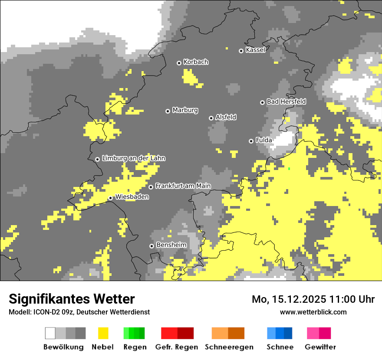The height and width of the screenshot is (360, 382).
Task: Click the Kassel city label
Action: [255, 50]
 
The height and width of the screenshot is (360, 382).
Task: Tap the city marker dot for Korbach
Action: [179, 63]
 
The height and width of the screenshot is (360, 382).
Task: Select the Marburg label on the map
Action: [185, 110]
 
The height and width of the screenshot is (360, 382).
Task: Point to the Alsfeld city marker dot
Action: [211, 118]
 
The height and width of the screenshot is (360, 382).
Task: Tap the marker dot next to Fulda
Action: [251, 141]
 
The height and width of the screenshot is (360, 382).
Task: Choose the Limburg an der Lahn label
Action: [133, 158]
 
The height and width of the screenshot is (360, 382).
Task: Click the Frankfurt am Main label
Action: [183, 186]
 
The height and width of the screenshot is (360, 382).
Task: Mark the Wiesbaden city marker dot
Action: [111, 198]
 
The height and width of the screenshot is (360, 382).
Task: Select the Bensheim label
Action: [171, 245]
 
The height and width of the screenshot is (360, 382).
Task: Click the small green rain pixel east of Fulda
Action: [289, 168]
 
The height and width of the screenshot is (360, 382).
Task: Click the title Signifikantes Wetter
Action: [72, 299]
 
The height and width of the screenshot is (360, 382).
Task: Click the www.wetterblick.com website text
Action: [313, 312]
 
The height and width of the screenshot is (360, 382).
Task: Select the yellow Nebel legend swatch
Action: [103, 333]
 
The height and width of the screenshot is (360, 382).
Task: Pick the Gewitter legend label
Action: [320, 347]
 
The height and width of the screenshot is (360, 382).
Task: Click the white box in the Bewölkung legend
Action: [50, 333]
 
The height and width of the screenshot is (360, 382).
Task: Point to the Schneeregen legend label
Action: [229, 347]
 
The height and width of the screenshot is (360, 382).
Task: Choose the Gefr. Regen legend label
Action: [177, 347]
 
